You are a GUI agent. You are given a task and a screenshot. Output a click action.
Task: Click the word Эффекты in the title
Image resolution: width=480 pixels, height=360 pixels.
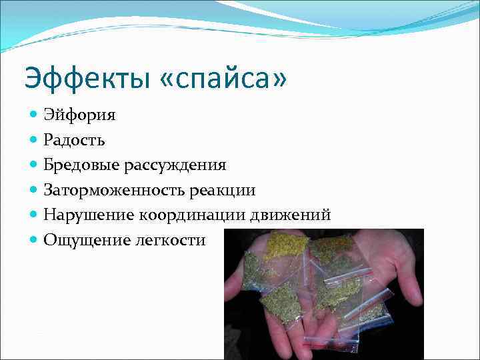(x=87, y=79)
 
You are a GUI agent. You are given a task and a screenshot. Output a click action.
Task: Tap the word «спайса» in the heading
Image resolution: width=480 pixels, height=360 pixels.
(x=224, y=79)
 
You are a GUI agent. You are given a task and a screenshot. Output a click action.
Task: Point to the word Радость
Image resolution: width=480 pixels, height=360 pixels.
(x=74, y=140)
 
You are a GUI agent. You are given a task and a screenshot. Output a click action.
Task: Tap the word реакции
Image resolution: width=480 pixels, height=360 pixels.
(x=222, y=190)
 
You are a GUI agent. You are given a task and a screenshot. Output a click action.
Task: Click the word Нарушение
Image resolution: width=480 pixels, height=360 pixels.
(x=89, y=215)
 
